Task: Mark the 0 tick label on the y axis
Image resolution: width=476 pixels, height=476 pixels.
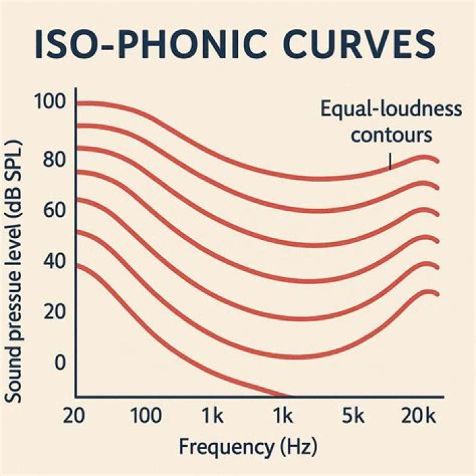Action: (60, 363)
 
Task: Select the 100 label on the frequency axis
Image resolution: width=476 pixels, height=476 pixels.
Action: (145, 416)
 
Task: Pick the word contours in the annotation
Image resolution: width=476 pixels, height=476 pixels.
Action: (391, 136)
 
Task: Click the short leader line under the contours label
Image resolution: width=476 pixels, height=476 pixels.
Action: (390, 161)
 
